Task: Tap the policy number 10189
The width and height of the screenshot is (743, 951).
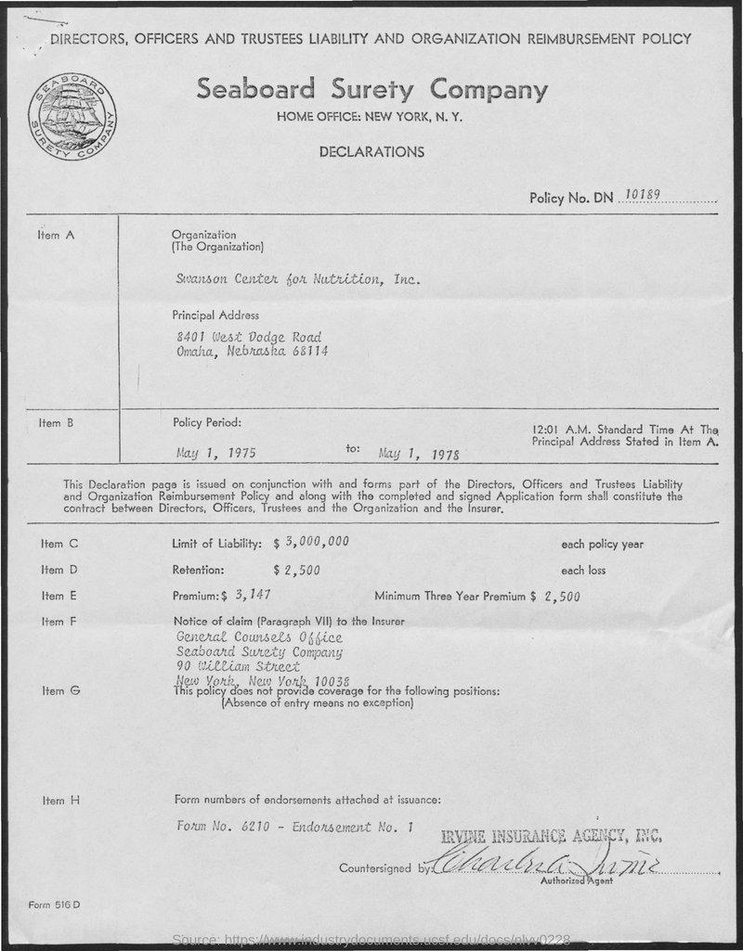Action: [643, 196]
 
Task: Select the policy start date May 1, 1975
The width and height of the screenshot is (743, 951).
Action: [215, 455]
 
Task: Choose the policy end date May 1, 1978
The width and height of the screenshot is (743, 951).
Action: [419, 455]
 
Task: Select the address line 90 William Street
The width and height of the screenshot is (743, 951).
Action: [237, 666]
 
